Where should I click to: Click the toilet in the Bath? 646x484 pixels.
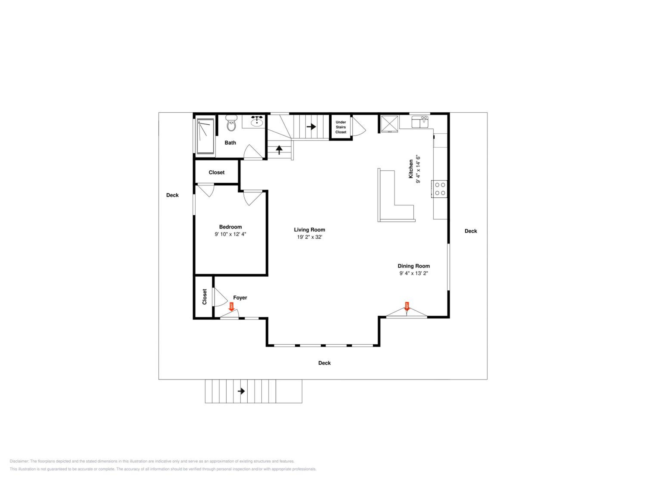click(231, 123)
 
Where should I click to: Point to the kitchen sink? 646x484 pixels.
click(420, 122)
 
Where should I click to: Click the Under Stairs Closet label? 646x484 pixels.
click(341, 127)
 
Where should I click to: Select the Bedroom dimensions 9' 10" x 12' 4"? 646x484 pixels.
click(230, 234)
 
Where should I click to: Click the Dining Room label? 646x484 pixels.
click(413, 266)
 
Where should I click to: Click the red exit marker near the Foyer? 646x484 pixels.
click(231, 307)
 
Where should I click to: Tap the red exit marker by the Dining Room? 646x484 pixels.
click(407, 306)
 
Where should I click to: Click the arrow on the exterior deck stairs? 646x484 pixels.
click(241, 391)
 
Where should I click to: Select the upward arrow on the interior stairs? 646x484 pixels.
click(279, 150)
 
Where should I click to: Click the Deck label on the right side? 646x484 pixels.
click(471, 231)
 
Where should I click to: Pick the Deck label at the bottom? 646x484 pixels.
click(325, 363)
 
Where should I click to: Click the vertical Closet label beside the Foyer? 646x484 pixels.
click(204, 297)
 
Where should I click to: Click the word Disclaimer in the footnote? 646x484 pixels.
click(19, 461)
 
